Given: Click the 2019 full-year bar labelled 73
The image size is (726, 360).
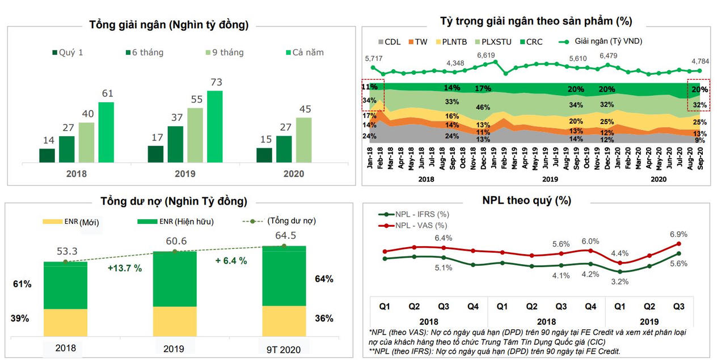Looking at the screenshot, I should (x=214, y=126).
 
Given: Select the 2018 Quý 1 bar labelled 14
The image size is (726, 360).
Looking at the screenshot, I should (x=47, y=156).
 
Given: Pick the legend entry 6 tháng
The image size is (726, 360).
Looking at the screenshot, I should (x=144, y=52).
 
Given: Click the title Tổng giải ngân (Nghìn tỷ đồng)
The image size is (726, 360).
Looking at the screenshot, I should (x=168, y=24).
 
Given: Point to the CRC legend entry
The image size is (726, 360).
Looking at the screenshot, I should (x=530, y=41).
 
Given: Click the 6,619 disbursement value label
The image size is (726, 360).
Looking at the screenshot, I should (x=486, y=55).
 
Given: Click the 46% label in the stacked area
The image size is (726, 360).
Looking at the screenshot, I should (x=483, y=107).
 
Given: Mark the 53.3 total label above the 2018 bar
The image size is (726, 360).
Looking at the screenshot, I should (x=65, y=251).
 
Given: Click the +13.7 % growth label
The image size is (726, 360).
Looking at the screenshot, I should (x=125, y=268).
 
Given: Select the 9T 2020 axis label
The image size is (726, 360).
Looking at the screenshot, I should (x=284, y=349).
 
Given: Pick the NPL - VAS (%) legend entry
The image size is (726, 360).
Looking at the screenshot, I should (x=417, y=225).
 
